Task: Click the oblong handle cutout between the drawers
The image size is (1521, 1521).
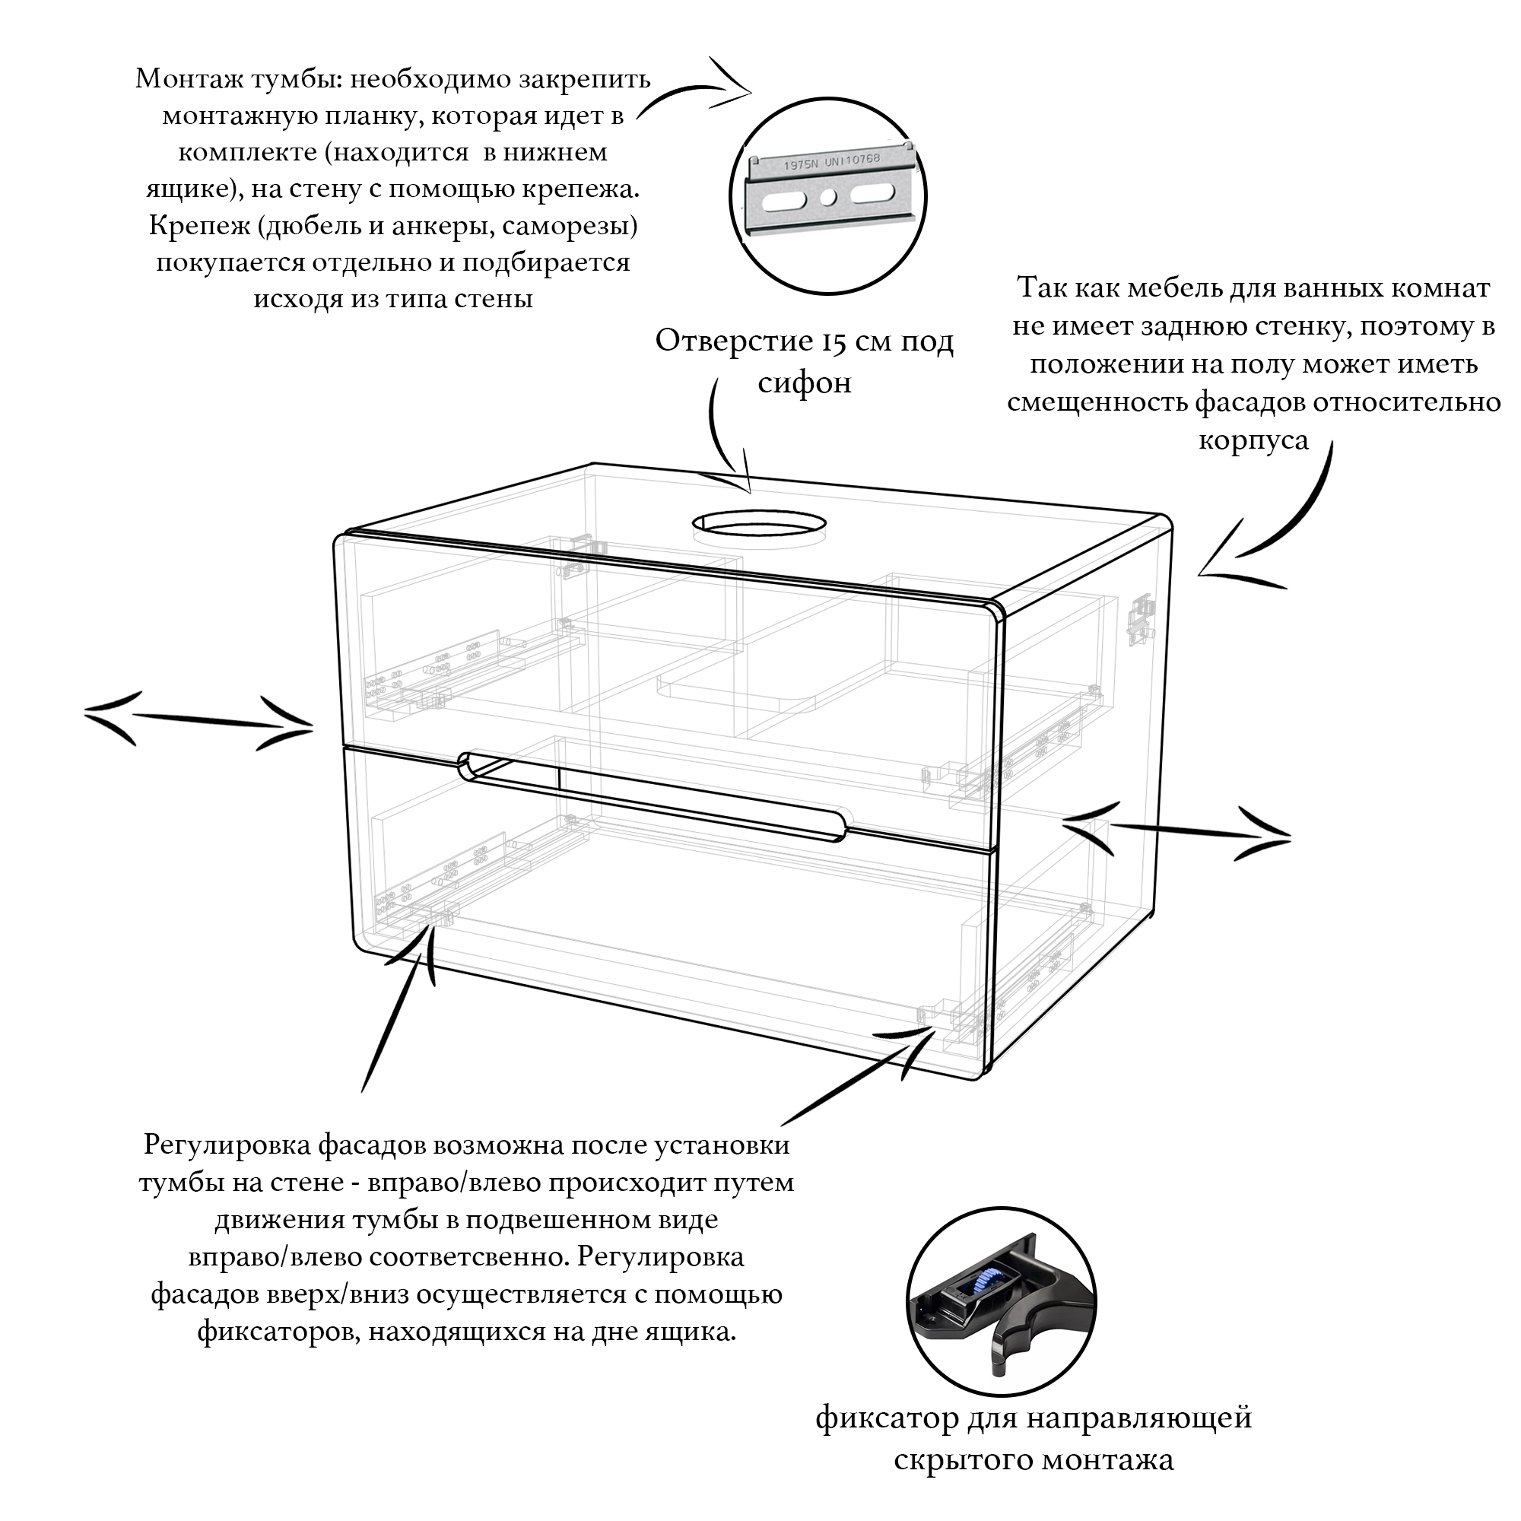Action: (653, 797)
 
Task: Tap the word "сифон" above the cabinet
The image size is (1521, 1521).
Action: (805, 383)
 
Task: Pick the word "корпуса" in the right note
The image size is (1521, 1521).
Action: (1254, 441)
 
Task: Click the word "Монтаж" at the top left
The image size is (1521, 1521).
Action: (189, 80)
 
